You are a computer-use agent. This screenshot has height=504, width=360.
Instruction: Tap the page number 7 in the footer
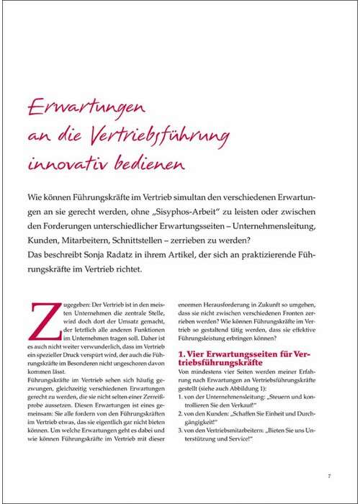click(x=328, y=475)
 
